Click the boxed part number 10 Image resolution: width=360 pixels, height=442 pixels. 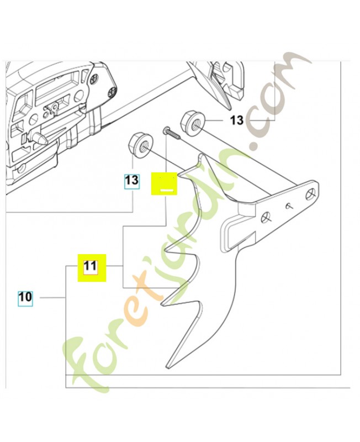[x=25, y=297]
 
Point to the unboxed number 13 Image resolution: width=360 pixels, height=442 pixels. [x=237, y=120]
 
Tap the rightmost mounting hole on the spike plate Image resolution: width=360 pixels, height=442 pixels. [x=311, y=194]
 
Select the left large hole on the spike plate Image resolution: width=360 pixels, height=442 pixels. [x=266, y=218]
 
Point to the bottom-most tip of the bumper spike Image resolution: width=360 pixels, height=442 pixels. [x=168, y=366]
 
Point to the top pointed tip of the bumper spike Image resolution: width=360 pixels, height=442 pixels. [x=201, y=155]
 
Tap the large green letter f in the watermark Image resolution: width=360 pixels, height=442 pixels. [x=84, y=355]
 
